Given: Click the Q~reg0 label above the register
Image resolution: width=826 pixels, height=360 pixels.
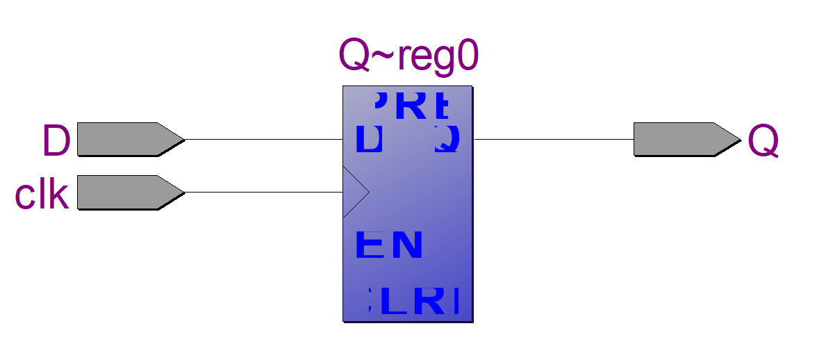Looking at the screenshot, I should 408,56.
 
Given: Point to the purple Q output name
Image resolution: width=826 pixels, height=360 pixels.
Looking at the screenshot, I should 763,142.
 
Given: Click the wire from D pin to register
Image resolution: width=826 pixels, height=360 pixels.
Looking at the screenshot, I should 264,139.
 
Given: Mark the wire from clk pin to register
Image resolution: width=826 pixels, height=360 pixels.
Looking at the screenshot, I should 264,192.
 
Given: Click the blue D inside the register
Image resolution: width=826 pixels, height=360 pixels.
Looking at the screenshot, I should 369,139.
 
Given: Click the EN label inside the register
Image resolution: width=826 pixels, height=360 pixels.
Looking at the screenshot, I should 389,245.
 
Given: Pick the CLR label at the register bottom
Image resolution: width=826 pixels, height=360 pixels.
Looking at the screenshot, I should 414,300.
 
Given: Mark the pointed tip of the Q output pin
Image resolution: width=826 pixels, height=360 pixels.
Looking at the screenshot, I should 739,139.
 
